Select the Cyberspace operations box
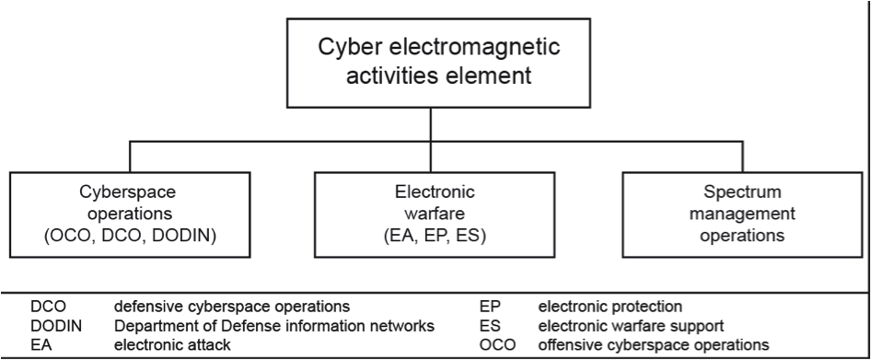(130, 214)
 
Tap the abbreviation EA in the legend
(40, 344)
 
